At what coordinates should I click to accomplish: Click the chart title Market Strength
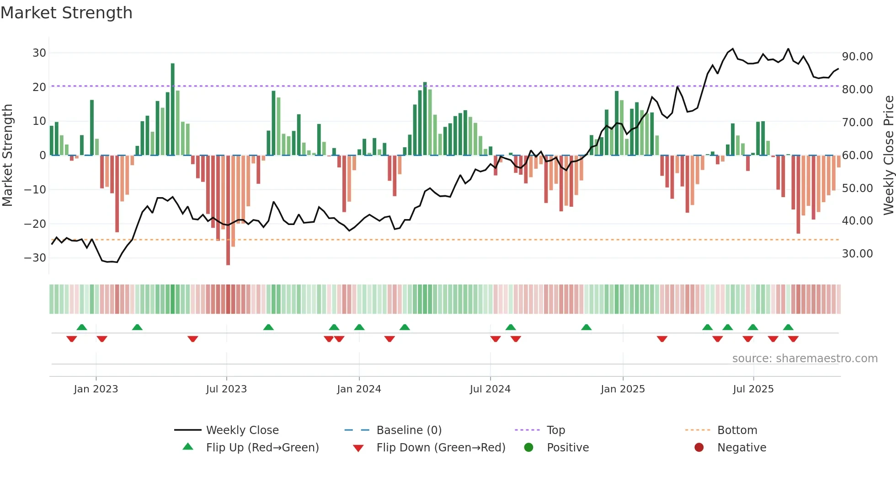pyautogui.click(x=66, y=13)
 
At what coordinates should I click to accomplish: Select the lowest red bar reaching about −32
pyautogui.click(x=228, y=210)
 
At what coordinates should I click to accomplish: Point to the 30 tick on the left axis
pyautogui.click(x=39, y=53)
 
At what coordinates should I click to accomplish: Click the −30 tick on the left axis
pyautogui.click(x=35, y=258)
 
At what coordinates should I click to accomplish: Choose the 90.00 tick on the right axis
pyautogui.click(x=857, y=57)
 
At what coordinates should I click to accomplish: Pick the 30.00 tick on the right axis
pyautogui.click(x=857, y=254)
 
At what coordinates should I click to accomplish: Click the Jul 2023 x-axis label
pyautogui.click(x=226, y=389)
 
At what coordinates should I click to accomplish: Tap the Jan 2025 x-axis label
pyautogui.click(x=623, y=389)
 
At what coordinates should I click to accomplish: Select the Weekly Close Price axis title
pyautogui.click(x=888, y=155)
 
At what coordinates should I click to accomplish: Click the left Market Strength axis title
pyautogui.click(x=7, y=155)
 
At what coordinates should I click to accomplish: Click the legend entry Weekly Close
pyautogui.click(x=242, y=430)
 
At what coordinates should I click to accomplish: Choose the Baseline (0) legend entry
pyautogui.click(x=409, y=430)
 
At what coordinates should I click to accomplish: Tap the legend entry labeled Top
pyautogui.click(x=556, y=430)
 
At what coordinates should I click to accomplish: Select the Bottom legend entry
pyautogui.click(x=737, y=430)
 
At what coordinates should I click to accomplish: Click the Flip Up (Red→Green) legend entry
pyautogui.click(x=262, y=448)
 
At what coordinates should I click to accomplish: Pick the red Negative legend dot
pyautogui.click(x=699, y=448)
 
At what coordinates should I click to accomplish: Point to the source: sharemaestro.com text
pyautogui.click(x=805, y=359)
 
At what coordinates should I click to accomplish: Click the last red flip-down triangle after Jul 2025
pyautogui.click(x=793, y=339)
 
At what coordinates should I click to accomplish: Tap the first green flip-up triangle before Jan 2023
pyautogui.click(x=82, y=327)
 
